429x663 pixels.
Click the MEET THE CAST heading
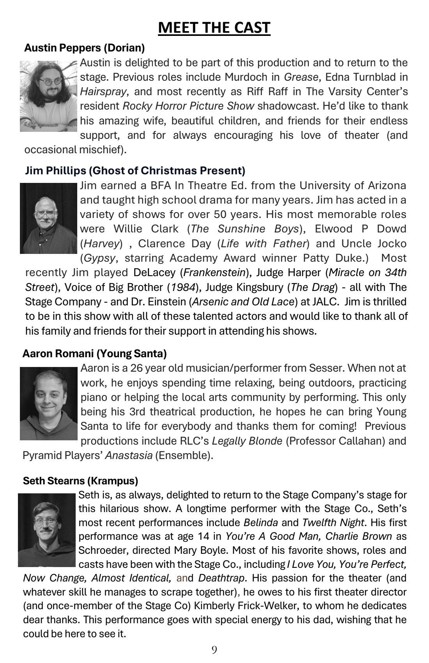point(214,28)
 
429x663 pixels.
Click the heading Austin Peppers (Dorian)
point(84,48)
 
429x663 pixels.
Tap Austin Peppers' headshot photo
point(49,96)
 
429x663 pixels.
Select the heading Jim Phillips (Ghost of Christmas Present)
point(135,170)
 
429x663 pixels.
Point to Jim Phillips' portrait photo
point(49,218)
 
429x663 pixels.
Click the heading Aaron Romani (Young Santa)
point(94,353)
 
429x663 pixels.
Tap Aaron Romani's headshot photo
point(49,403)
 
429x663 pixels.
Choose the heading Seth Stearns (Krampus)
point(80,480)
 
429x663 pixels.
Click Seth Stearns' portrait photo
point(46,530)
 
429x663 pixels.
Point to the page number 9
point(214,649)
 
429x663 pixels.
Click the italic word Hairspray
point(103,92)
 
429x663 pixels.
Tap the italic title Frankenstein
point(214,273)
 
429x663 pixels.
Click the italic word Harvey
point(101,244)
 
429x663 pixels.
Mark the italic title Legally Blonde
point(247,441)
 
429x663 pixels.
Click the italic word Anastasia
point(129,456)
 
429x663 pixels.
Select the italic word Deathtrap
point(222,578)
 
